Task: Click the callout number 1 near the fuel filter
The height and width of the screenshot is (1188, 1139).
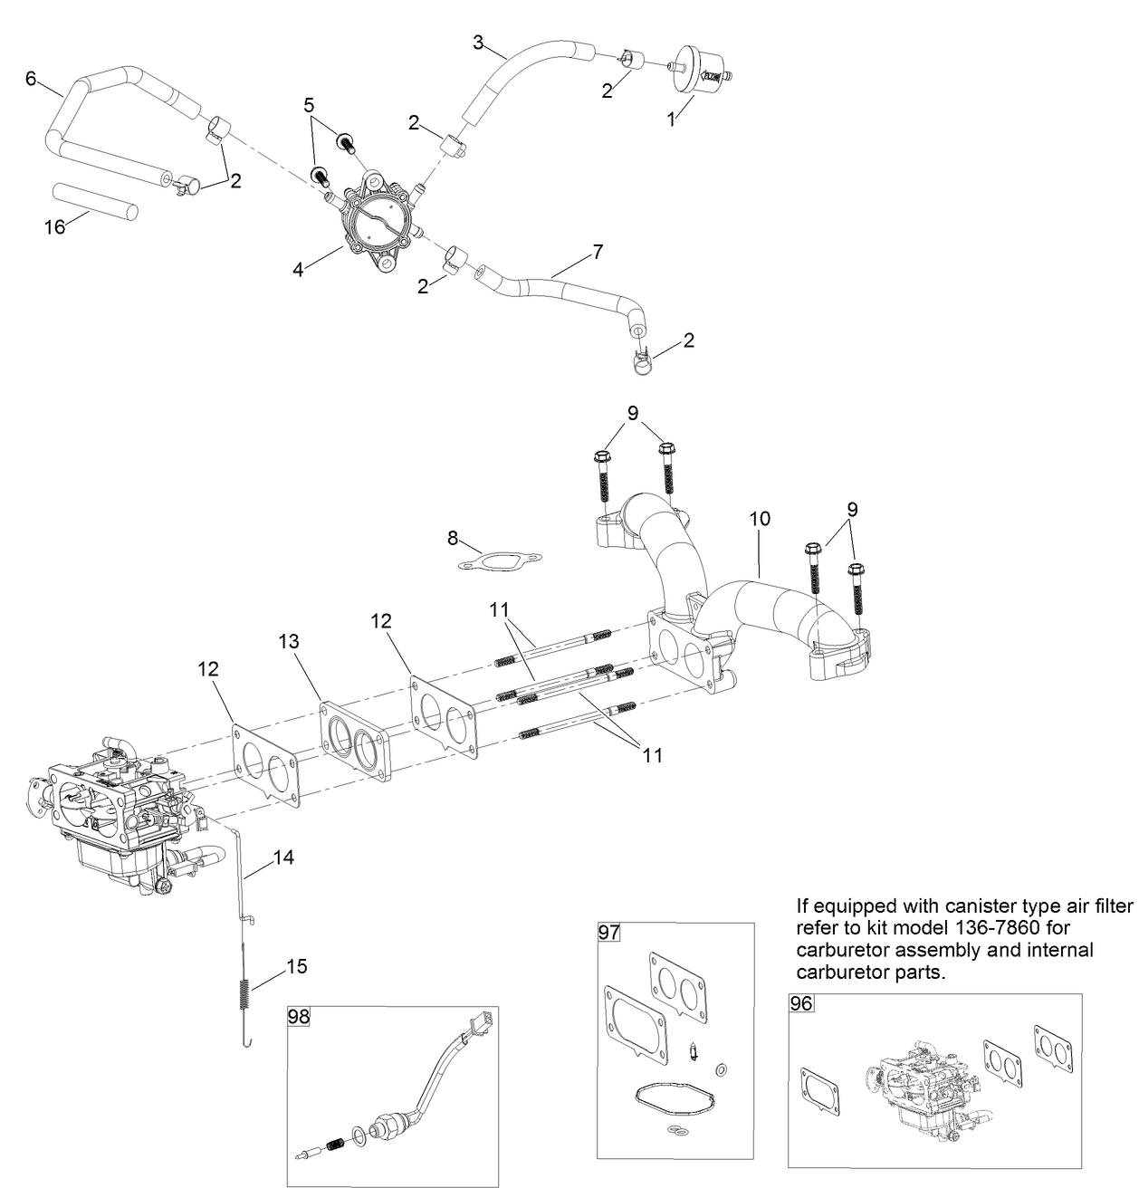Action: pyautogui.click(x=671, y=119)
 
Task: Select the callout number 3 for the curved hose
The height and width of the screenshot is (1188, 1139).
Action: pyautogui.click(x=478, y=41)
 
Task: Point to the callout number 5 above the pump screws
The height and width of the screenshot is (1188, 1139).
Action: pyautogui.click(x=310, y=103)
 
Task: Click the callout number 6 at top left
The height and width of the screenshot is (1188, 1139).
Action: pyautogui.click(x=31, y=79)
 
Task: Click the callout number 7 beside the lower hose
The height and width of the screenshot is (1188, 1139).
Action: pyautogui.click(x=597, y=252)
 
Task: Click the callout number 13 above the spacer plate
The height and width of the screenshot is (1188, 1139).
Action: pyautogui.click(x=288, y=642)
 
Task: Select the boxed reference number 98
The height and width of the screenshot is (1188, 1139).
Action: pyautogui.click(x=299, y=1016)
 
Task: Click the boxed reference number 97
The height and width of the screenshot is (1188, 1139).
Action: pyautogui.click(x=608, y=932)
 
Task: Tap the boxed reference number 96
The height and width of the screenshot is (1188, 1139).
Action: pyautogui.click(x=801, y=1003)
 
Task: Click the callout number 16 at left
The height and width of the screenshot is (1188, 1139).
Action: pyautogui.click(x=55, y=226)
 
